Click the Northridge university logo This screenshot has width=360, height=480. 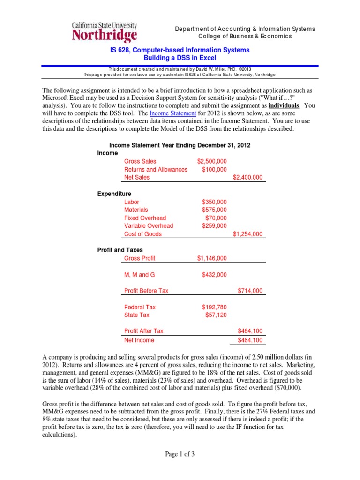[x=104, y=32]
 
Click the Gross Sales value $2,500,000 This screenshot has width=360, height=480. [x=212, y=161]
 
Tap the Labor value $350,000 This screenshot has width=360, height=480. [x=214, y=202]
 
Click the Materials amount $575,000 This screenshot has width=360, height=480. [x=214, y=210]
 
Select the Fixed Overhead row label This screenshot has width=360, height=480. [x=145, y=218]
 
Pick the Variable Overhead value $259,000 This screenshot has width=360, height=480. [x=214, y=226]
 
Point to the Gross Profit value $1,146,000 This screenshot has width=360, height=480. [x=212, y=258]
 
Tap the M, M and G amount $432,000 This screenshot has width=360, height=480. [x=214, y=275]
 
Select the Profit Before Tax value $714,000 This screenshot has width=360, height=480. [x=250, y=291]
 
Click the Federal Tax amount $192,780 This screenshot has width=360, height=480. [x=214, y=307]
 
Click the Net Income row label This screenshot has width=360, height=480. [x=139, y=340]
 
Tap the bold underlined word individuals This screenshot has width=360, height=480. [x=283, y=105]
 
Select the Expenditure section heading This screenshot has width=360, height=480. [x=114, y=194]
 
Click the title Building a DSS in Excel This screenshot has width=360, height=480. [x=180, y=58]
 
